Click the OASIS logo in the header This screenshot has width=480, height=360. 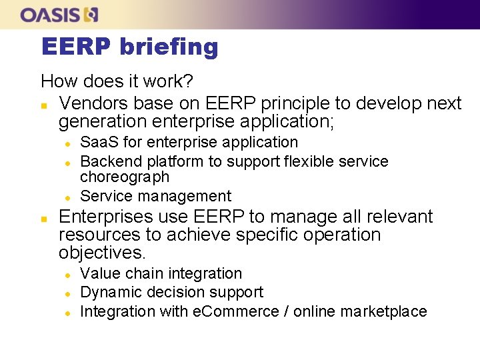(x=59, y=14)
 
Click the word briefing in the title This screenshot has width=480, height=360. (x=169, y=47)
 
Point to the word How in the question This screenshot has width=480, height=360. (x=56, y=81)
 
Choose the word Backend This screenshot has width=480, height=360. (x=107, y=161)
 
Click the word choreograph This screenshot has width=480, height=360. (x=125, y=177)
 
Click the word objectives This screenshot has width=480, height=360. (x=102, y=253)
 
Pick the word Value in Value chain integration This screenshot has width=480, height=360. (x=97, y=273)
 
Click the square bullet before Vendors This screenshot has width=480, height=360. (x=43, y=105)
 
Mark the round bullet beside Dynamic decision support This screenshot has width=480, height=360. (x=67, y=293)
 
